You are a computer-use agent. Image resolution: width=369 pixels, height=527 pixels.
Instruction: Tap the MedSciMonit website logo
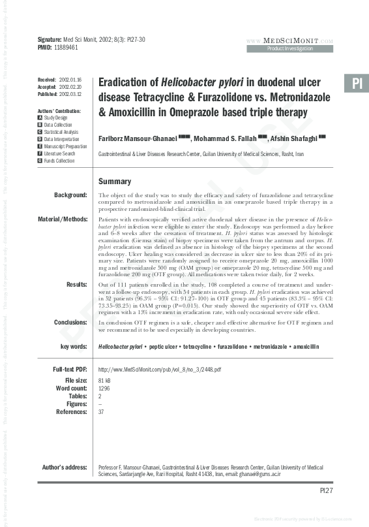[299, 40]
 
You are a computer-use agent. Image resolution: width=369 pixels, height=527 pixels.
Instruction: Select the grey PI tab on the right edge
[356, 84]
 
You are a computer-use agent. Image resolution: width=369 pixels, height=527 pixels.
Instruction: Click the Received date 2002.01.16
[70, 79]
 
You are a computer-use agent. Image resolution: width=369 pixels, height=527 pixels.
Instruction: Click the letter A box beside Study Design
[40, 118]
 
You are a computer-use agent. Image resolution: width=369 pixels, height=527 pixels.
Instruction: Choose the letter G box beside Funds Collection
[40, 161]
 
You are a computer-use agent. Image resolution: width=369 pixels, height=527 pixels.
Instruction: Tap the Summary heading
[114, 182]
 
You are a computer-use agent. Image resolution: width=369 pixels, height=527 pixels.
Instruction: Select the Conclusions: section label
[69, 322]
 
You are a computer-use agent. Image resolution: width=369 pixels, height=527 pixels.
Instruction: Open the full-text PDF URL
[159, 369]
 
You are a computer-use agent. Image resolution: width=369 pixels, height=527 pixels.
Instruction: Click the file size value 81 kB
[104, 380]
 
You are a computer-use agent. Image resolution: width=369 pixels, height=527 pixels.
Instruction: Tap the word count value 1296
[104, 388]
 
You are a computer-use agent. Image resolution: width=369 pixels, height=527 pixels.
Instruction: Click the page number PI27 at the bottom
[326, 490]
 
